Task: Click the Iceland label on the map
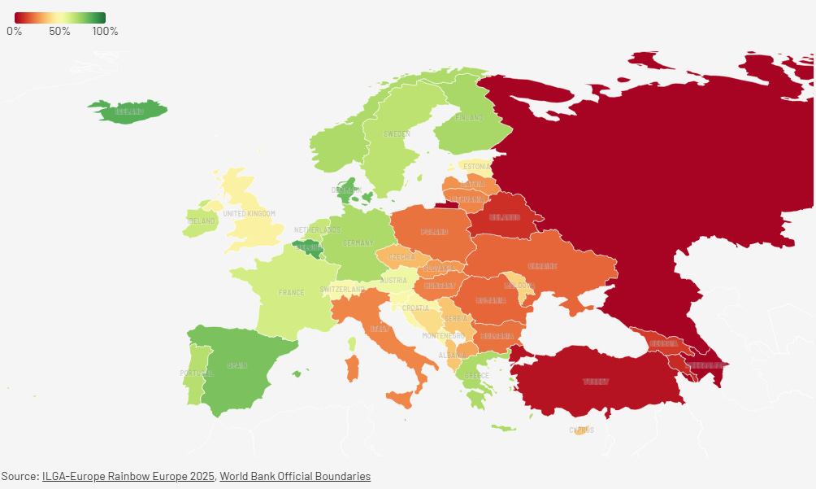130,111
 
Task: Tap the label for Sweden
397,133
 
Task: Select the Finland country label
469,118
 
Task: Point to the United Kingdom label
250,214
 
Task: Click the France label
291,293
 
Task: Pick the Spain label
237,366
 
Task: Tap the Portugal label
196,373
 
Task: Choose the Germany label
358,243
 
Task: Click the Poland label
434,233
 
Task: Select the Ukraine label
542,266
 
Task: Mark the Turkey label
595,382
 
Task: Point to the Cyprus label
581,430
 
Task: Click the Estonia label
477,167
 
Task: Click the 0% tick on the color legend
15,31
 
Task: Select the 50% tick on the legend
59,31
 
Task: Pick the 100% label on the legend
105,31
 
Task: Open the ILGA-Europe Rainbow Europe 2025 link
128,476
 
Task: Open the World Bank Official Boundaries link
295,476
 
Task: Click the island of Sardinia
353,369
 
